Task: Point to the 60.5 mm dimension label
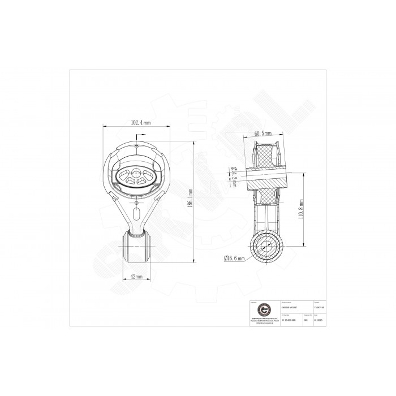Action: click(262, 134)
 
